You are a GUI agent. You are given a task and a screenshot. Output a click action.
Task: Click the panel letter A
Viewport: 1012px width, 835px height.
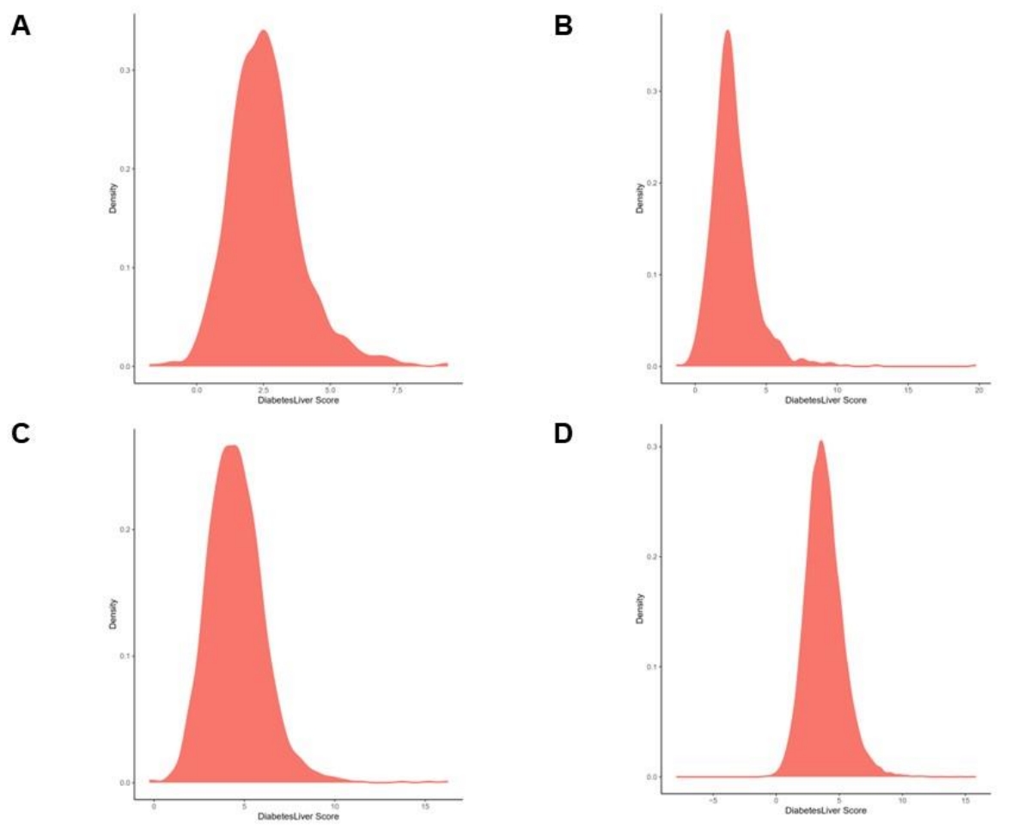21,26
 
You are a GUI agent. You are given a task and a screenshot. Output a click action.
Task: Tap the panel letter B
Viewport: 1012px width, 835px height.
564,26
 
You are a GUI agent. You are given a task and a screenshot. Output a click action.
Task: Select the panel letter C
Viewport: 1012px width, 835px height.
21,433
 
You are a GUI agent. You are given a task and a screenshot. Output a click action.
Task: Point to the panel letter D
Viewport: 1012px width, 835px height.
564,433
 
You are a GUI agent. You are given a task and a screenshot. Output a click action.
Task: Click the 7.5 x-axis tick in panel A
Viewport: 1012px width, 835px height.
396,389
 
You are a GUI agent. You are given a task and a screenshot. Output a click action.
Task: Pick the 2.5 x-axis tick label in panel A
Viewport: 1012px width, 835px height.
264,389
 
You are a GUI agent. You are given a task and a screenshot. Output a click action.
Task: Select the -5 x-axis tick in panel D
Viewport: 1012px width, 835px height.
713,800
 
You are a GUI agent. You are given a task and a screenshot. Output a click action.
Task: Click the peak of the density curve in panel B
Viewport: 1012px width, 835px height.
727,32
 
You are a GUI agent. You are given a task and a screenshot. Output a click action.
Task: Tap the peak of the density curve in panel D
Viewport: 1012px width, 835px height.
820,442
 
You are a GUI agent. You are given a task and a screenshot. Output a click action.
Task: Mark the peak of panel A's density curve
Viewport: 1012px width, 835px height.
263,32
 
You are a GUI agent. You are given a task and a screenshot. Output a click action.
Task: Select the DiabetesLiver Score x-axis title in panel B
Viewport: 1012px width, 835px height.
826,400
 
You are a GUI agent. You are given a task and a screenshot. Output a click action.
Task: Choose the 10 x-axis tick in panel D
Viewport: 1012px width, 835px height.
902,800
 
